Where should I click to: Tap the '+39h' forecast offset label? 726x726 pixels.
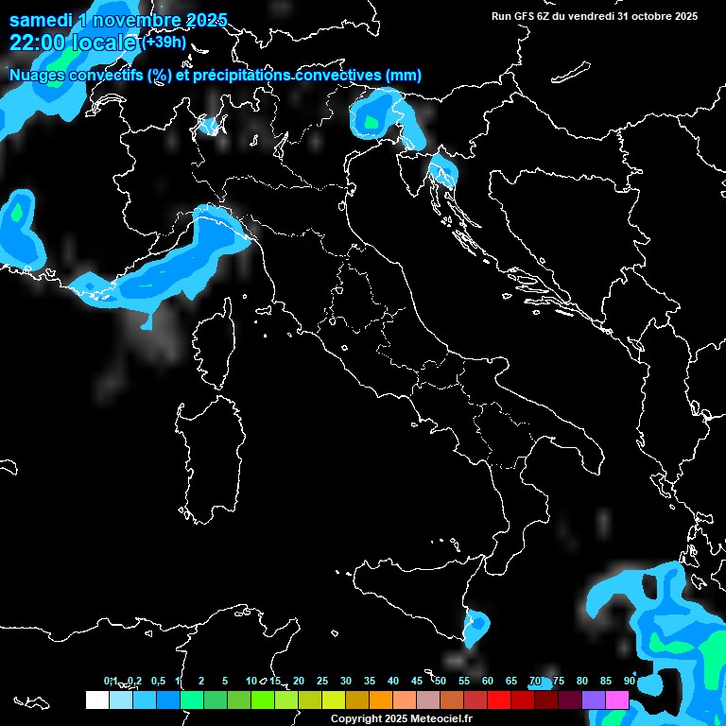point(164,42)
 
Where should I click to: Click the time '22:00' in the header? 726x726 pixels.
point(37,43)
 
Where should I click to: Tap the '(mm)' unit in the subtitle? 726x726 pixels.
point(404,76)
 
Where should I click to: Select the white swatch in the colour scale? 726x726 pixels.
point(96,700)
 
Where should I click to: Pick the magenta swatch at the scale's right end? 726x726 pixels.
point(616,700)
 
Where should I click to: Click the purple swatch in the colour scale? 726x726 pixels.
point(593,700)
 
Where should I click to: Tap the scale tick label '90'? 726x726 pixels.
point(630,682)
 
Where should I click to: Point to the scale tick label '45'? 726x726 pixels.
point(417,682)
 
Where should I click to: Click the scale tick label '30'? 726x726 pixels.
point(346,682)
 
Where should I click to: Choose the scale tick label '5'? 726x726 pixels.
point(225,682)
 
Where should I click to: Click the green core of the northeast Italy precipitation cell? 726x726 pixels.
point(371,121)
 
